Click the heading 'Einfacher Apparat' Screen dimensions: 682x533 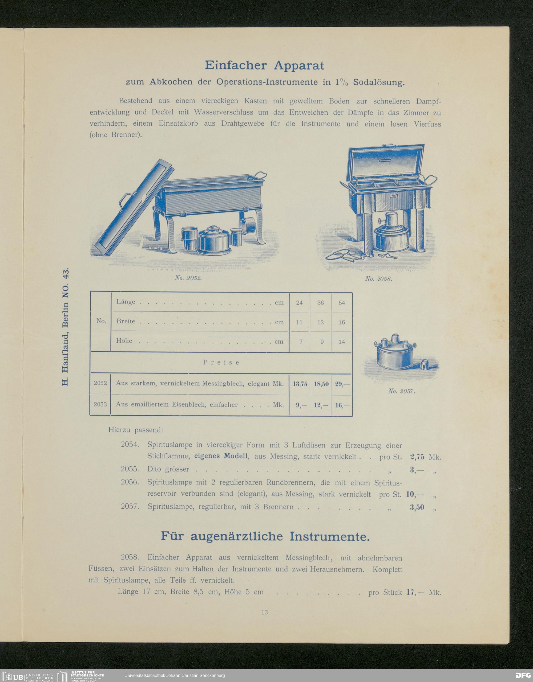pyautogui.click(x=264, y=65)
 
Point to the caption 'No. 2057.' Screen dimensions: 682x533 pyautogui.click(x=401, y=391)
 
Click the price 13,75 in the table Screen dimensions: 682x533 pyautogui.click(x=299, y=384)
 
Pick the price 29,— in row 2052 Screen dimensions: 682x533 pyautogui.click(x=342, y=384)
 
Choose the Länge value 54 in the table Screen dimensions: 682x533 pyautogui.click(x=342, y=303)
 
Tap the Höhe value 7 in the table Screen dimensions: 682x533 pyautogui.click(x=301, y=342)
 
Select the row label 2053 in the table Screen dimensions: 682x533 pyautogui.click(x=100, y=404)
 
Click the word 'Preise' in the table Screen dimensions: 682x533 pyautogui.click(x=221, y=363)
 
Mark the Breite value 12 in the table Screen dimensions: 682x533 pyautogui.click(x=320, y=322)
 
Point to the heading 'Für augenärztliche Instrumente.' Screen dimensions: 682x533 pyautogui.click(x=265, y=536)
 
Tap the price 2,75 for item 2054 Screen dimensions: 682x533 pyautogui.click(x=417, y=457)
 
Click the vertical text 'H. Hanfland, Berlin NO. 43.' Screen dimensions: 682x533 pyautogui.click(x=65, y=326)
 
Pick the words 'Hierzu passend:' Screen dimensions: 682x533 pyautogui.click(x=136, y=430)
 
